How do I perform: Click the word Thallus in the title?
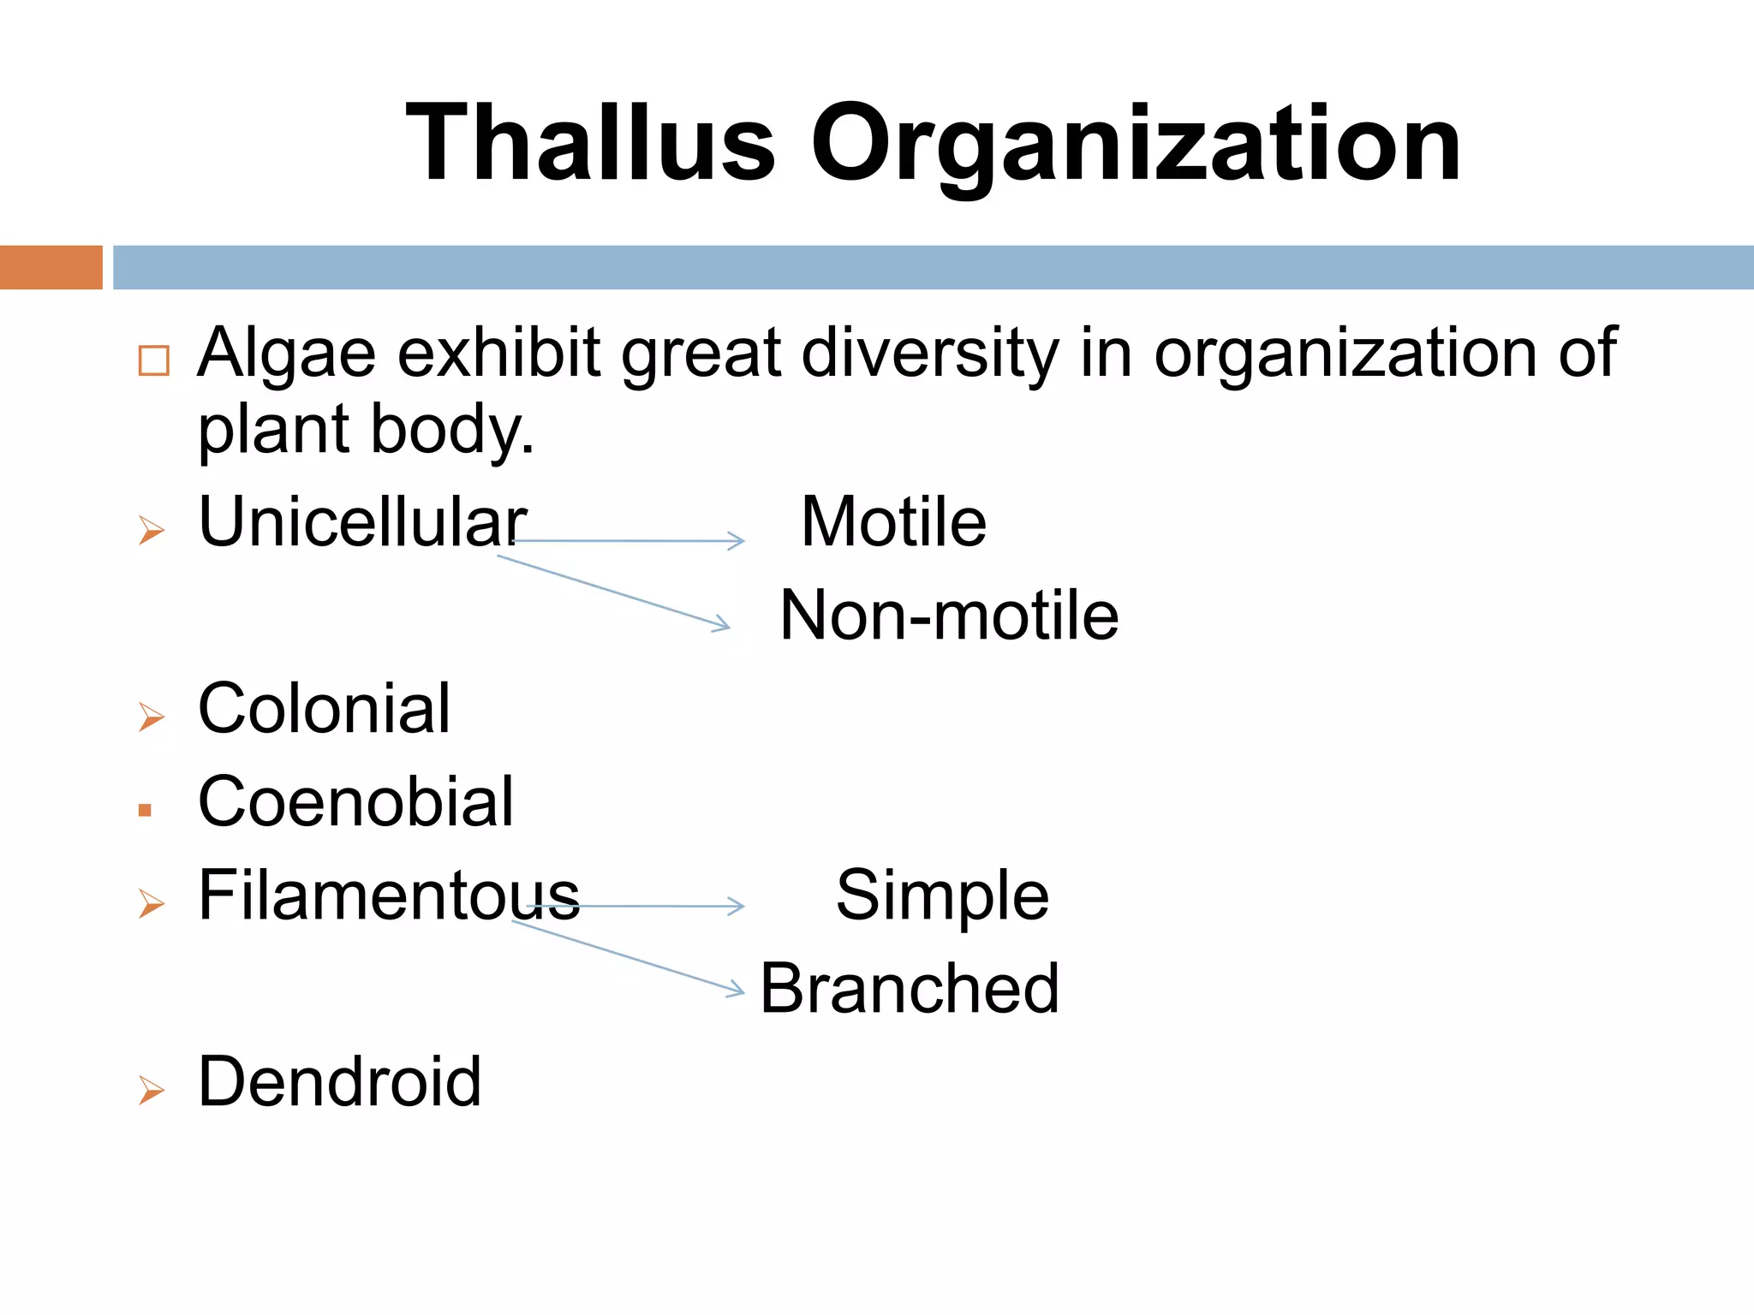[591, 143]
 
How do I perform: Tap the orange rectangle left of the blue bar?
[51, 267]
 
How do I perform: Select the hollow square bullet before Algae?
[154, 360]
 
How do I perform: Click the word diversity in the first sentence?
[930, 353]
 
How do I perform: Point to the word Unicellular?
[362, 522]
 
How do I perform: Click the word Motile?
[893, 522]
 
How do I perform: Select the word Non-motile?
[949, 616]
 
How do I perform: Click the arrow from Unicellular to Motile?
[629, 541]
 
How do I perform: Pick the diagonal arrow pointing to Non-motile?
[613, 592]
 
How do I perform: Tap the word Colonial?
[324, 709]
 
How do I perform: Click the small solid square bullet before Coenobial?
[145, 810]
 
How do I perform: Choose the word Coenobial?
[355, 802]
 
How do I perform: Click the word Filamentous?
[389, 896]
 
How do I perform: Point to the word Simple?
[942, 896]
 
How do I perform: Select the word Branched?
[910, 989]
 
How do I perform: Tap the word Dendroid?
[339, 1082]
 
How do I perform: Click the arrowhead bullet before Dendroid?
[151, 1091]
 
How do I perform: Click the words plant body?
[366, 430]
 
